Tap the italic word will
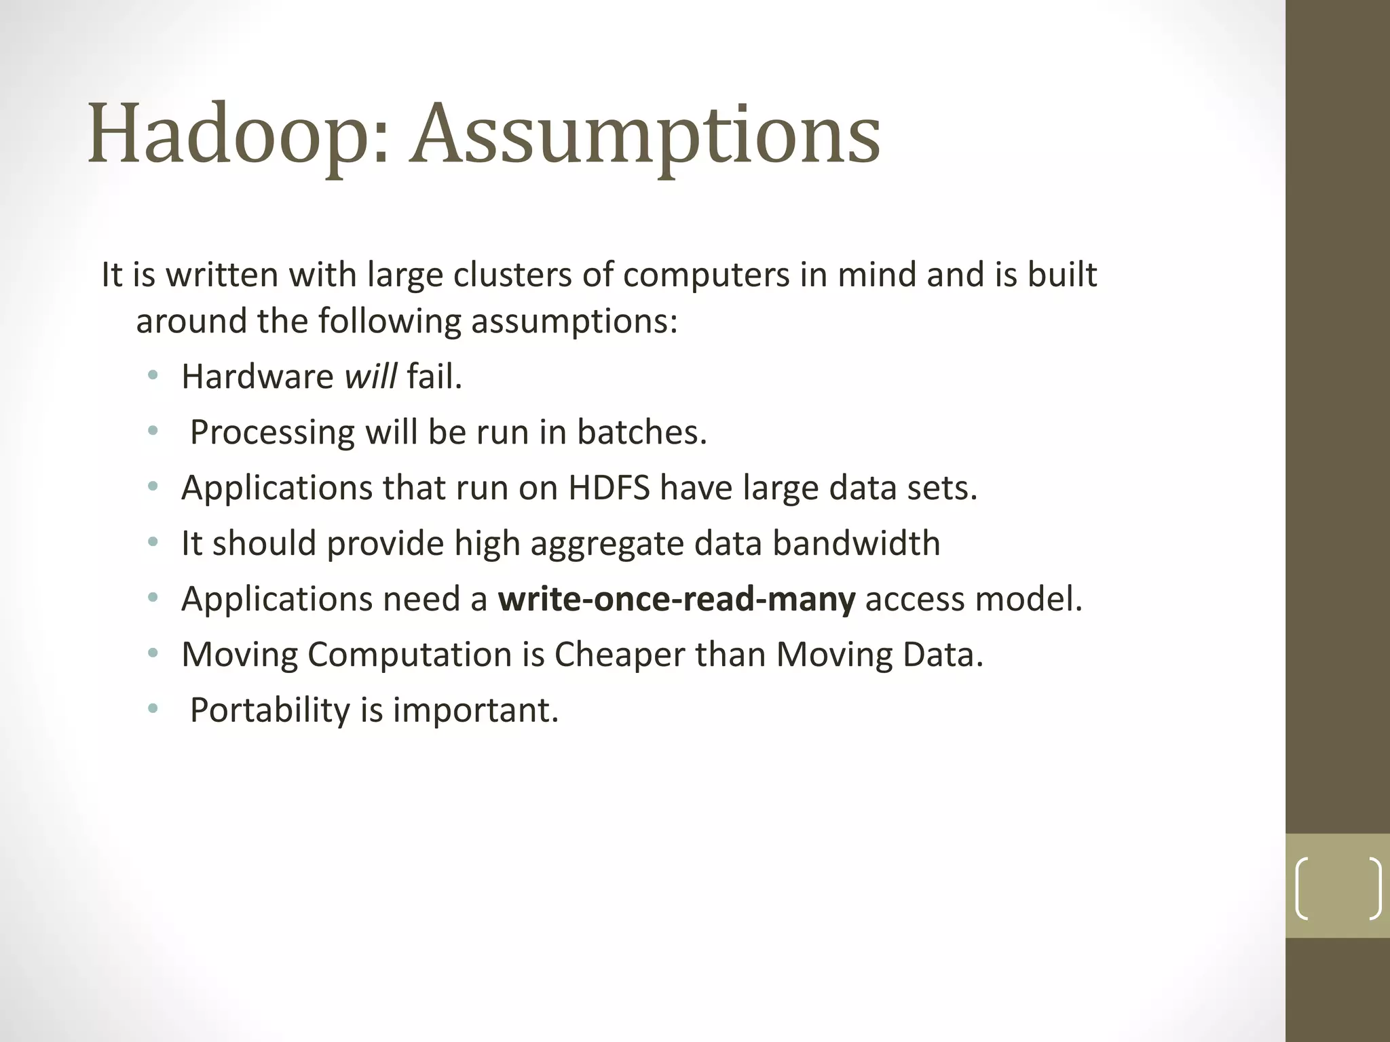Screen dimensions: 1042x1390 click(371, 376)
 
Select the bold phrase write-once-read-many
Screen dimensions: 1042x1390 click(677, 599)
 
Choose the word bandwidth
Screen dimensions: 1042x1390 click(857, 543)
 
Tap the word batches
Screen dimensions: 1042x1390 click(641, 432)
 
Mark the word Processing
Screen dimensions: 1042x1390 click(272, 433)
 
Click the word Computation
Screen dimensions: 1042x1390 click(410, 655)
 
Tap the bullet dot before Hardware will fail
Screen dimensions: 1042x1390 click(153, 376)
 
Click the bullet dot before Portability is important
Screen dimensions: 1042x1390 click(153, 710)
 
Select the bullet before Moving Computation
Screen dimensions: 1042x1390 click(153, 654)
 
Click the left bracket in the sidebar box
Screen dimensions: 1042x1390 click(1301, 889)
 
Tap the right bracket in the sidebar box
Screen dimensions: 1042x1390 click(1374, 889)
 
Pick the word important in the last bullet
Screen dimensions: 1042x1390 click(475, 710)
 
